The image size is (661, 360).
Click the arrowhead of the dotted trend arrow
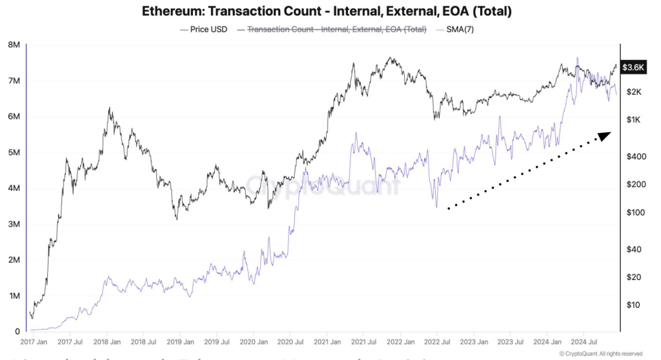click(x=605, y=135)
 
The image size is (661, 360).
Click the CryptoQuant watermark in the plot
click(x=323, y=186)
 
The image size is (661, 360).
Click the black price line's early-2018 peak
click(x=110, y=108)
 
